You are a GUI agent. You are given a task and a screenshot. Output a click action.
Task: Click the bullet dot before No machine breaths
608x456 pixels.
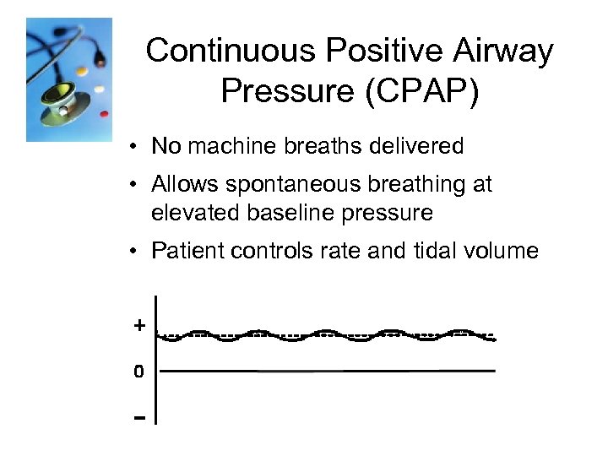[135, 147]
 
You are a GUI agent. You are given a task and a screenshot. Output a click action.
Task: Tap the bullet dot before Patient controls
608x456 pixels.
[135, 252]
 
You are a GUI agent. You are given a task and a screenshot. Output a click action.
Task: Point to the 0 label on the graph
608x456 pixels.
[138, 371]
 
